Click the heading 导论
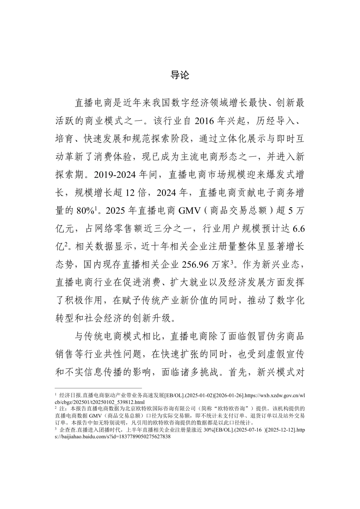point(180,75)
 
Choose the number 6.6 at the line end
point(298,229)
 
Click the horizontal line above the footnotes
point(98,388)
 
